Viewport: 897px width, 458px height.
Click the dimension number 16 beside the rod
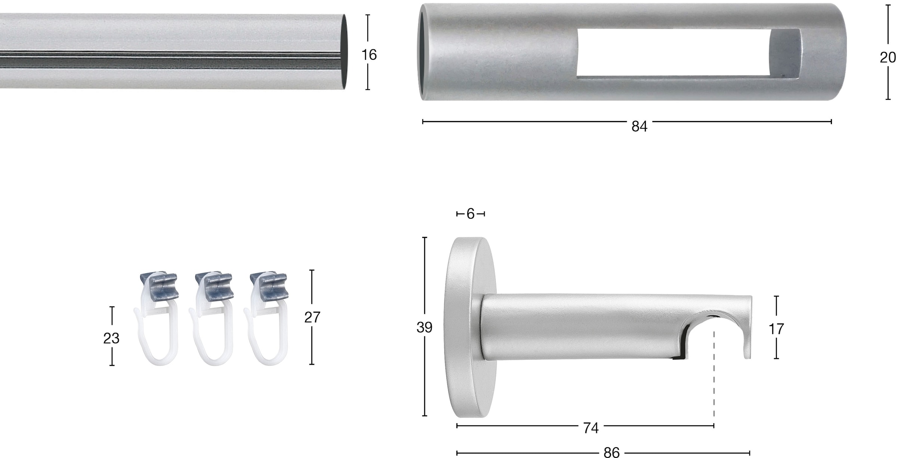[369, 55]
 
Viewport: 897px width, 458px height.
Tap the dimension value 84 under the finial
[639, 127]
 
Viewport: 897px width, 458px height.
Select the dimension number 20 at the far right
[888, 58]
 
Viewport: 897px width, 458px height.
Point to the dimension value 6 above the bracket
[471, 214]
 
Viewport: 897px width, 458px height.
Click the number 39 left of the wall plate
[424, 327]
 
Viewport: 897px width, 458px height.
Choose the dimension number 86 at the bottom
[611, 453]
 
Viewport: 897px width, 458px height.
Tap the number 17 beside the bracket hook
[776, 329]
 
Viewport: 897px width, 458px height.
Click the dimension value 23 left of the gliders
[111, 338]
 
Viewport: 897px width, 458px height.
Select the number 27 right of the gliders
[312, 317]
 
